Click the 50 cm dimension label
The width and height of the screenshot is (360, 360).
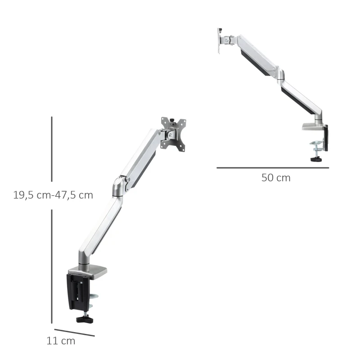(x=276, y=178)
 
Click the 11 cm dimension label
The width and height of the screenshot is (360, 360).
(x=61, y=341)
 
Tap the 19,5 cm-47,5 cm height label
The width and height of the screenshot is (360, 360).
(x=53, y=195)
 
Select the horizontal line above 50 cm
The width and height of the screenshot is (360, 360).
(x=273, y=168)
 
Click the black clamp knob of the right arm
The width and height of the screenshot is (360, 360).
(x=315, y=158)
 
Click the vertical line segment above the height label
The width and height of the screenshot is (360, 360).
(x=52, y=148)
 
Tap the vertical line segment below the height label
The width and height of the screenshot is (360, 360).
(x=52, y=265)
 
